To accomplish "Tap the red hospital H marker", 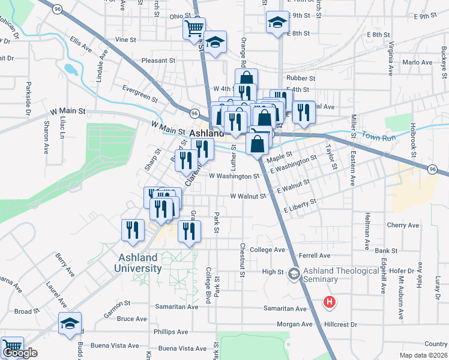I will (x=329, y=303).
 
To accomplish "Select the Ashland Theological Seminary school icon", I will (x=294, y=274).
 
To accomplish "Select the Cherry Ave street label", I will (x=403, y=225).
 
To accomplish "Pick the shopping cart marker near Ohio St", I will (x=194, y=28).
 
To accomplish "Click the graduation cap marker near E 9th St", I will (x=276, y=23).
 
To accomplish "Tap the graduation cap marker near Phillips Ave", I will (x=70, y=323).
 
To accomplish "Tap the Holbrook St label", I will (x=413, y=136).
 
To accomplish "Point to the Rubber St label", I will (x=301, y=78).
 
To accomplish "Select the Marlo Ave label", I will (x=417, y=62).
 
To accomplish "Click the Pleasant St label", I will (x=158, y=61).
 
